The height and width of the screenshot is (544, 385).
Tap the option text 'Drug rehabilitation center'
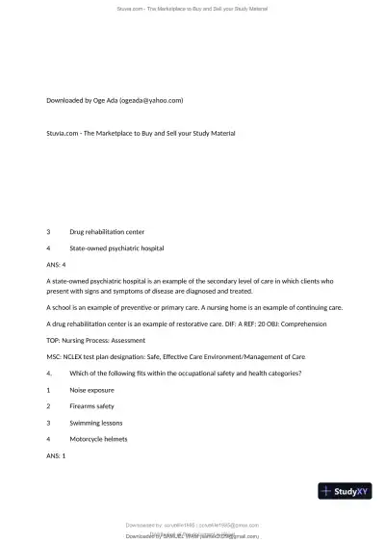[107, 231]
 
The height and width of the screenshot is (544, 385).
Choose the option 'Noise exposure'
[91, 390]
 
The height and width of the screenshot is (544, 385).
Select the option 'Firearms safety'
[92, 406]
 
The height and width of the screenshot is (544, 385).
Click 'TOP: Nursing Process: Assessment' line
[96, 340]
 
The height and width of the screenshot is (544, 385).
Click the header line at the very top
[192, 8]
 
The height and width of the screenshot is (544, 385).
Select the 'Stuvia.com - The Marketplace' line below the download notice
[141, 132]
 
